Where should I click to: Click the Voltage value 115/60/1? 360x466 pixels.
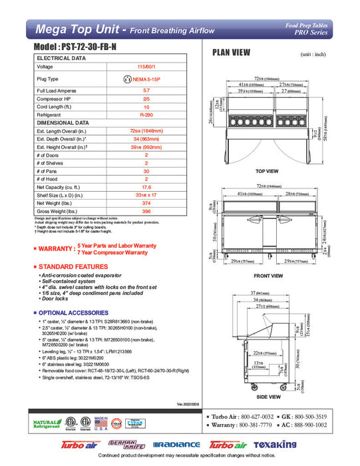tap(146, 67)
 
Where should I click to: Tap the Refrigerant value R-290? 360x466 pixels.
tap(146, 115)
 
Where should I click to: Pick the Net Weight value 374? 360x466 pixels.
tap(146, 202)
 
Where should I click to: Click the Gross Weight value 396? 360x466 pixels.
tap(146, 211)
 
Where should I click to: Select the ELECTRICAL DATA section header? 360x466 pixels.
tap(62, 58)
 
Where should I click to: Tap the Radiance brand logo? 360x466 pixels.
tap(176, 445)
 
